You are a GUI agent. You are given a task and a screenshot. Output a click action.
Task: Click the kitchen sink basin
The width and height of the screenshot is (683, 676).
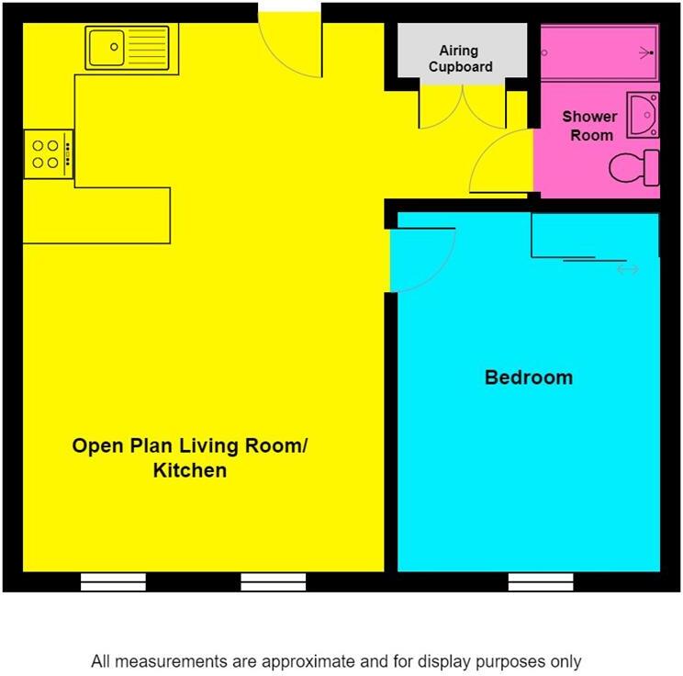(x=106, y=48)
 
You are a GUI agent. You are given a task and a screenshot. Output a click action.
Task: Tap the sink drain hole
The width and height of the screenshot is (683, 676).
(x=114, y=47)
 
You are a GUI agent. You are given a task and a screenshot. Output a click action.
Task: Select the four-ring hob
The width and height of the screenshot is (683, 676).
(x=49, y=154)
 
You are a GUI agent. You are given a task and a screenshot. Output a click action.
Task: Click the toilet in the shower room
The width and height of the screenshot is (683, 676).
(x=634, y=168)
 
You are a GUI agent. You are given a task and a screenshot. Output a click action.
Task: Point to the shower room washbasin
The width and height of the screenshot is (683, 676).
(x=643, y=115)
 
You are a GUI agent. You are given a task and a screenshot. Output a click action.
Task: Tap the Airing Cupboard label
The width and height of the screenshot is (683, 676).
(x=460, y=59)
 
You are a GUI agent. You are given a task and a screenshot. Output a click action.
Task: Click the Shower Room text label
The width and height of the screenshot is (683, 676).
(x=589, y=126)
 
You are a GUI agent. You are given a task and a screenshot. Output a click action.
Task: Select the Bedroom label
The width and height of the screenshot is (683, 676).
(x=529, y=377)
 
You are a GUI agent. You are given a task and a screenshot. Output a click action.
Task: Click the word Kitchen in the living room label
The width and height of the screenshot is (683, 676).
(x=190, y=470)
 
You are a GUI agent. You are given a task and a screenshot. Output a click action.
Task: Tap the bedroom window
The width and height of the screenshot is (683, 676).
(x=541, y=582)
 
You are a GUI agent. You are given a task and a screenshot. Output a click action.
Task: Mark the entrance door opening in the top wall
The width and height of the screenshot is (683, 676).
(x=290, y=7)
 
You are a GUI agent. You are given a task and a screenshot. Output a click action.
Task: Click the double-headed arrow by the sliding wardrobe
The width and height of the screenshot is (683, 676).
(x=628, y=270)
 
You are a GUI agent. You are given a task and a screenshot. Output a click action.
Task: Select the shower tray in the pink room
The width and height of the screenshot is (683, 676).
(x=599, y=52)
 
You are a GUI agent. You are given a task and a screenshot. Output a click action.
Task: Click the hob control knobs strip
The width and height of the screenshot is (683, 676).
(x=68, y=154)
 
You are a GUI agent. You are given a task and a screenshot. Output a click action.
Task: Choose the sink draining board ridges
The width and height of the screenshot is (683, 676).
(x=148, y=48)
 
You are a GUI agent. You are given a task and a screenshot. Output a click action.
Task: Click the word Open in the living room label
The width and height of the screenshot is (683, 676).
(x=97, y=446)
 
